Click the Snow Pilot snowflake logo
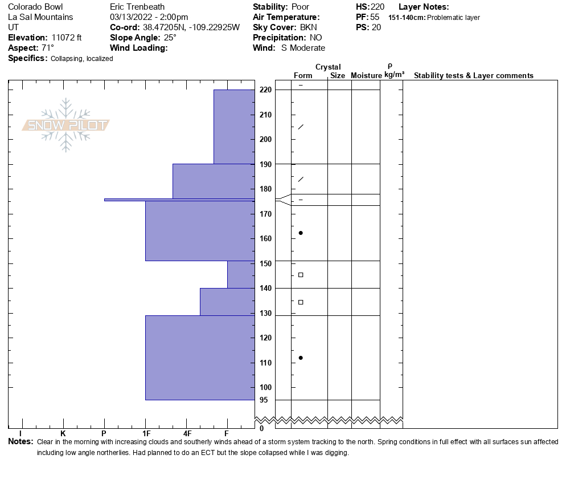coord(66,125)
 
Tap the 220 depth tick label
coord(265,90)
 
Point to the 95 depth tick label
coord(264,400)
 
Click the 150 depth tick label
coord(265,263)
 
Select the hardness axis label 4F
coord(187,434)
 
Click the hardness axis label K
coord(63,434)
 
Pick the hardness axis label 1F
coord(146,434)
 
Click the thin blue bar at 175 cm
coord(179,200)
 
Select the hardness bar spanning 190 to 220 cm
coord(233,127)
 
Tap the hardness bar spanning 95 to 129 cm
coord(199,358)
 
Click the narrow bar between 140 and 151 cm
coord(241,274)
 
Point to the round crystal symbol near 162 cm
coord(301,233)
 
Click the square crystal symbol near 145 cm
coord(301,275)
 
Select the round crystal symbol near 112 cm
coord(301,358)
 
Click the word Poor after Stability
coord(300,7)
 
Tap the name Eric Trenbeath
coord(137,7)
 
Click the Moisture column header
coord(366,76)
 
